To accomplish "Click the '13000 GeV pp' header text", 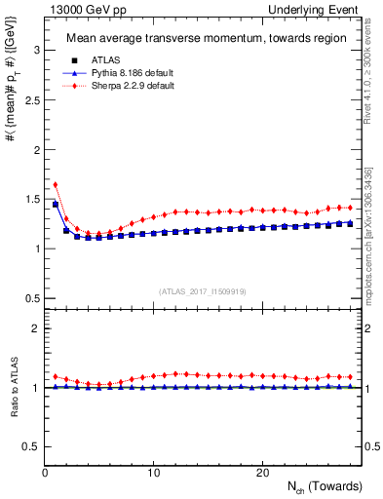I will [81, 9].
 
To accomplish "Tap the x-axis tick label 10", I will [154, 473].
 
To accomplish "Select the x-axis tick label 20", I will [262, 473].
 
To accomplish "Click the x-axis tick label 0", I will [46, 473].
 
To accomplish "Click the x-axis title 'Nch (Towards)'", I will [324, 486].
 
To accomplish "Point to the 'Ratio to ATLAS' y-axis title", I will [13, 387].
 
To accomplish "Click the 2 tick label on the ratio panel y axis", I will [34, 328].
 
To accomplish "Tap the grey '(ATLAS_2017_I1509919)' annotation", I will [203, 290].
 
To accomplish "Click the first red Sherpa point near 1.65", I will [56, 183].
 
